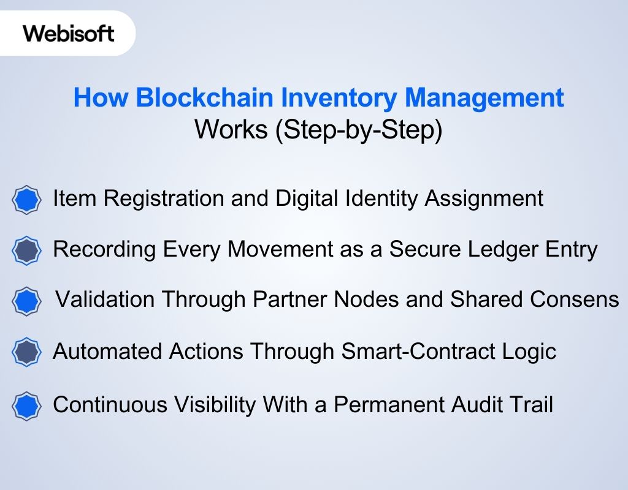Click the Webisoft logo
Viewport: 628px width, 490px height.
[x=69, y=33]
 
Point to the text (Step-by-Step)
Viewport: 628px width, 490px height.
[x=358, y=130]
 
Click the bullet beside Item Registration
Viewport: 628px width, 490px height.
[x=27, y=200]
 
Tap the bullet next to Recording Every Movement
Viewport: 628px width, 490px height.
[x=27, y=251]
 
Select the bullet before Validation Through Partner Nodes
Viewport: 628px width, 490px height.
[x=27, y=301]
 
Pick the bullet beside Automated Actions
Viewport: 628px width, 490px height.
[x=27, y=352]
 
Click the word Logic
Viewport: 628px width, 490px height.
[x=528, y=352]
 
